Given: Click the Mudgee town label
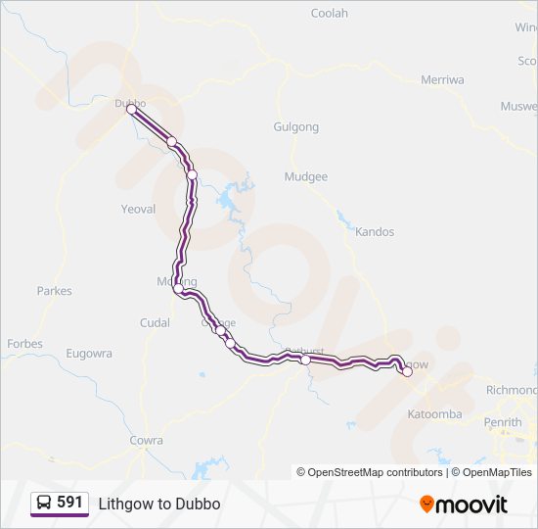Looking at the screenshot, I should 305,177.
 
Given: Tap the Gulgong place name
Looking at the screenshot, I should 296,127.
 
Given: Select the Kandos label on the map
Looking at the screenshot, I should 375,232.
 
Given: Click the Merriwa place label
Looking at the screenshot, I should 441,80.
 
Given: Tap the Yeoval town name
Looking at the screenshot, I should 138,210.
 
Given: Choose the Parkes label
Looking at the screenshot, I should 54,291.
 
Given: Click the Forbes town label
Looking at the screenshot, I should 24,344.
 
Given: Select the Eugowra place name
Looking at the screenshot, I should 89,354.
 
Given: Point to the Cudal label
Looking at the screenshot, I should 155,323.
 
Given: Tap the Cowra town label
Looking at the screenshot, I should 147,441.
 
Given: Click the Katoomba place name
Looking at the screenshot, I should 434,414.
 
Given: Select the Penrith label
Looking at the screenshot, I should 503,422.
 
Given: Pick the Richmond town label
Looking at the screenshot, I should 512,390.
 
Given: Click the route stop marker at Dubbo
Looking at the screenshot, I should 131,110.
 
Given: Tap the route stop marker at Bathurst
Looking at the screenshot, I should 305,361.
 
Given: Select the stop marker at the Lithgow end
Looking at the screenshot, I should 407,371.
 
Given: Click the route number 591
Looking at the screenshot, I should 69,503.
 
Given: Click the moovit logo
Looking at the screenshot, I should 464,505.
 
